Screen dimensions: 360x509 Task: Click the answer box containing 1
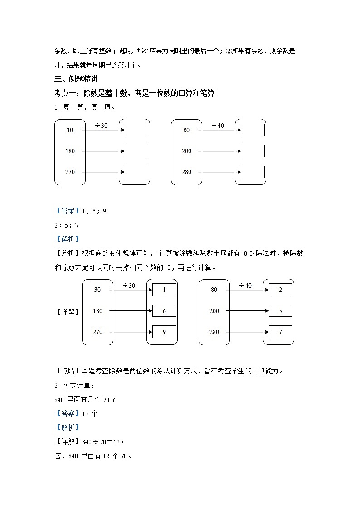click(x=164, y=290)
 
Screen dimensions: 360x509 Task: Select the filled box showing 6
click(x=164, y=311)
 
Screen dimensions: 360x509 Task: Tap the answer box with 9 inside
click(x=164, y=332)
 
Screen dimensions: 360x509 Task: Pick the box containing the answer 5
click(x=280, y=311)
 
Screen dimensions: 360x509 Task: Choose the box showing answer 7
click(x=280, y=332)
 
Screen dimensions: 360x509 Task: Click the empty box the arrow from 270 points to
click(x=136, y=172)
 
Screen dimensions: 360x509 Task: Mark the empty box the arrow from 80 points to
click(x=253, y=130)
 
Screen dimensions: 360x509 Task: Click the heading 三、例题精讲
click(x=76, y=79)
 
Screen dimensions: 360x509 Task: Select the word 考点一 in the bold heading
click(x=65, y=93)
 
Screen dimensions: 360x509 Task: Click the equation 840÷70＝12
click(x=102, y=441)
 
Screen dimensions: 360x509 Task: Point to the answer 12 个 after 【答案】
click(x=90, y=413)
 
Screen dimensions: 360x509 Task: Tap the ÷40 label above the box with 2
click(x=245, y=285)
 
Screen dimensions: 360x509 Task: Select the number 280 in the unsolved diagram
click(x=186, y=172)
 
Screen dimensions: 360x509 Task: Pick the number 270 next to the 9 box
click(x=97, y=332)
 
